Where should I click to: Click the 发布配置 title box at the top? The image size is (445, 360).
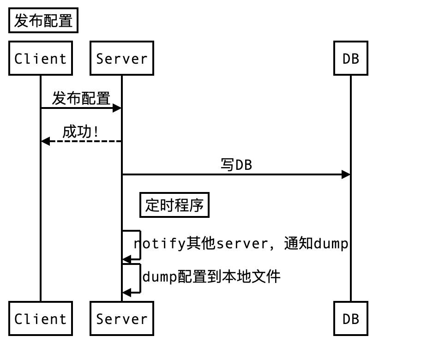tap(43, 21)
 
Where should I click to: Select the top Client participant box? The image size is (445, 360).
tap(41, 58)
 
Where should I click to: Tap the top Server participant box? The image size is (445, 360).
tap(122, 58)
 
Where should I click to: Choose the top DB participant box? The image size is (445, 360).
tap(351, 58)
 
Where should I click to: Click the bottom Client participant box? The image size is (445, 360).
tap(41, 318)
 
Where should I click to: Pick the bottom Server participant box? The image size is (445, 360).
tap(122, 318)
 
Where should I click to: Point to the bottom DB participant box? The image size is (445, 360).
tap(351, 318)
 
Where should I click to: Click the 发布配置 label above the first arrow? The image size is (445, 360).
tap(81, 98)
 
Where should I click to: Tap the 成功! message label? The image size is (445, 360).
tap(81, 132)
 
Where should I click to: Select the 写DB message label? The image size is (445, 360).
tap(236, 165)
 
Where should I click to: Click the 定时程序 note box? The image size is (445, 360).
tap(174, 205)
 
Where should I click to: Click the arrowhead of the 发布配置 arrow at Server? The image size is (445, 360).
tap(117, 108)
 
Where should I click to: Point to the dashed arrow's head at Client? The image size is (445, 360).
tap(45, 141)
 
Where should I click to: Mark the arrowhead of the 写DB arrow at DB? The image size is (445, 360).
tap(346, 174)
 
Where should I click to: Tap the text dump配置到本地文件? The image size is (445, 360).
tap(211, 277)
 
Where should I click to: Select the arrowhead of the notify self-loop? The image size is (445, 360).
tap(126, 260)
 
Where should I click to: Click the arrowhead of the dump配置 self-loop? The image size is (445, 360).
tap(126, 292)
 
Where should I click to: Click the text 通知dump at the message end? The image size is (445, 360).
tap(316, 243)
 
